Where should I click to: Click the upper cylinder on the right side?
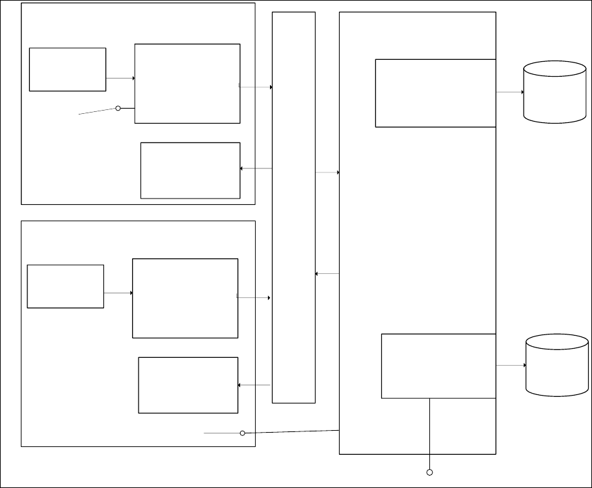[x=555, y=92]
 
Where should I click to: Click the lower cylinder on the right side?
[x=557, y=365]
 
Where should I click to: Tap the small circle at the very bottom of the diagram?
[x=429, y=472]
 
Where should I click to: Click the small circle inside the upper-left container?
[x=118, y=108]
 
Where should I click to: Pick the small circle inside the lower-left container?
[x=243, y=433]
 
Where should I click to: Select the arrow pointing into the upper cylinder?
[x=510, y=92]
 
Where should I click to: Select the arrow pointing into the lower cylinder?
[x=511, y=366]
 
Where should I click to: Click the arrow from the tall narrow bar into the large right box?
[x=327, y=172]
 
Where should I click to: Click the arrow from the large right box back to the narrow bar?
[x=327, y=274]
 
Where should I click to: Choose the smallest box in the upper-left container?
[x=68, y=69]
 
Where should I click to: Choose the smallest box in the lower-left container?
[x=65, y=286]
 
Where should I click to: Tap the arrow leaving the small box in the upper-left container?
[x=120, y=78]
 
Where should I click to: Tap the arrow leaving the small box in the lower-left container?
[x=118, y=293]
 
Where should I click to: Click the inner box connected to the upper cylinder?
[x=435, y=93]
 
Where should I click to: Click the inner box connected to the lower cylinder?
[x=438, y=366]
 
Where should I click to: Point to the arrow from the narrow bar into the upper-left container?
[x=256, y=169]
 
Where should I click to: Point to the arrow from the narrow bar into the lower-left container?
[x=254, y=385]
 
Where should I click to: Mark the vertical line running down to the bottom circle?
[x=429, y=433]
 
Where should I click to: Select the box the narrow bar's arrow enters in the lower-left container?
[x=188, y=385]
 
